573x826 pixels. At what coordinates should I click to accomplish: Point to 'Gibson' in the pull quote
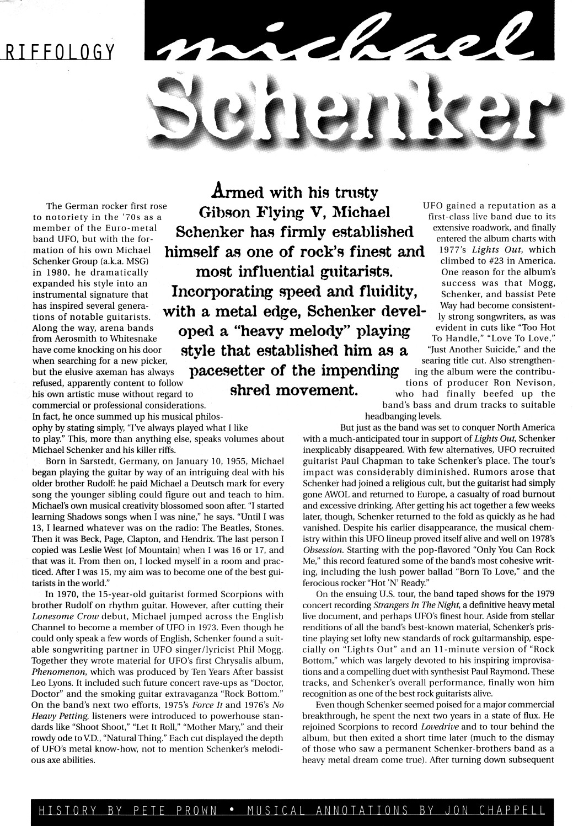click(x=223, y=212)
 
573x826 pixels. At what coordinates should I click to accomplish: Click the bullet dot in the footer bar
click(x=232, y=811)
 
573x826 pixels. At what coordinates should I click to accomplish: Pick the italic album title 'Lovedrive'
click(x=441, y=726)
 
